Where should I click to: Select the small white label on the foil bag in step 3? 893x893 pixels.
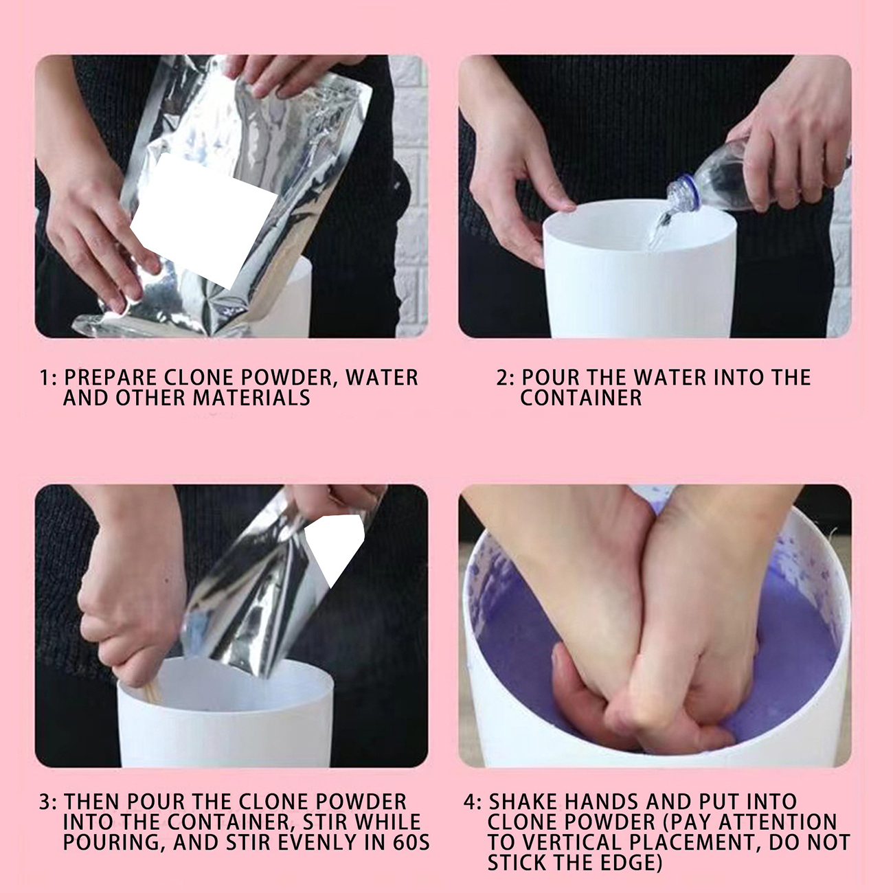pos(335,547)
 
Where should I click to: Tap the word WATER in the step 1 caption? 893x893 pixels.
pos(382,378)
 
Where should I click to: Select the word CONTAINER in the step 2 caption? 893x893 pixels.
pos(581,398)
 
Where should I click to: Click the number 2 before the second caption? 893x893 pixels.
pos(502,378)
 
